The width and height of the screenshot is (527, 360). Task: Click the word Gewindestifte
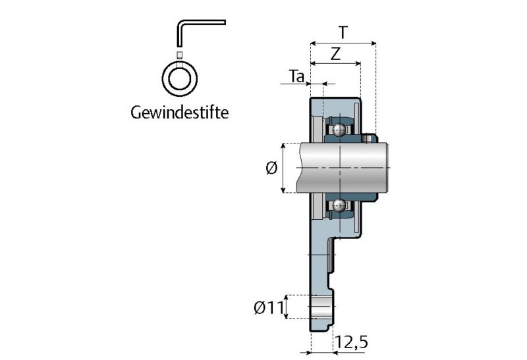180,113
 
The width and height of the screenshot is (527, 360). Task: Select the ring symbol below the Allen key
180,78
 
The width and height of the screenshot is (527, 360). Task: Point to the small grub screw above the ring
180,53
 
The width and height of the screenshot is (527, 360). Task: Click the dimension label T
342,32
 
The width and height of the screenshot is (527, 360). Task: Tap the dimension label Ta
297,76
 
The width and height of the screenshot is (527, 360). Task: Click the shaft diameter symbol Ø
271,168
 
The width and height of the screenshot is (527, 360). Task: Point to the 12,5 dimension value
351,342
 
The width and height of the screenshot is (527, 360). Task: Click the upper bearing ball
339,129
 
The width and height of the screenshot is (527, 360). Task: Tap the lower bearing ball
339,205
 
